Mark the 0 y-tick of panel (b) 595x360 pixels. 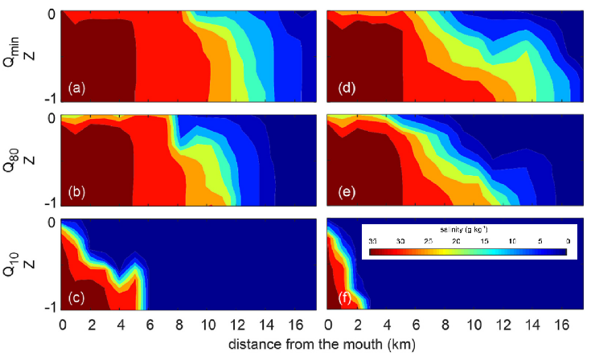(x=52, y=118)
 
